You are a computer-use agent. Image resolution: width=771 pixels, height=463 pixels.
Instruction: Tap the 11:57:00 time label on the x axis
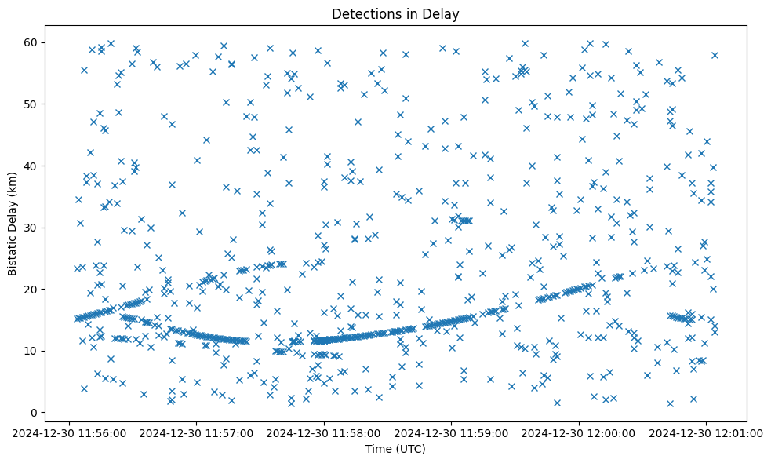(x=197, y=432)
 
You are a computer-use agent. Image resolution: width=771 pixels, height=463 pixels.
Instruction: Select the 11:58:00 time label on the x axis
(x=325, y=432)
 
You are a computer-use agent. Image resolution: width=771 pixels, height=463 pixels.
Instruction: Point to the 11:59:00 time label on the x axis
(x=453, y=432)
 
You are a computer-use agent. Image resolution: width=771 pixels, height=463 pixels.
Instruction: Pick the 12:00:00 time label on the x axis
(x=580, y=432)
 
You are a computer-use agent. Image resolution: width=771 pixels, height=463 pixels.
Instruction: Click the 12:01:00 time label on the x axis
(x=707, y=432)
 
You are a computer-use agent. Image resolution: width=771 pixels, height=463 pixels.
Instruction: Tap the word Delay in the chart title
(x=442, y=14)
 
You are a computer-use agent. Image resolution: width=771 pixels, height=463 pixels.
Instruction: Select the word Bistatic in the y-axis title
(x=13, y=250)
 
